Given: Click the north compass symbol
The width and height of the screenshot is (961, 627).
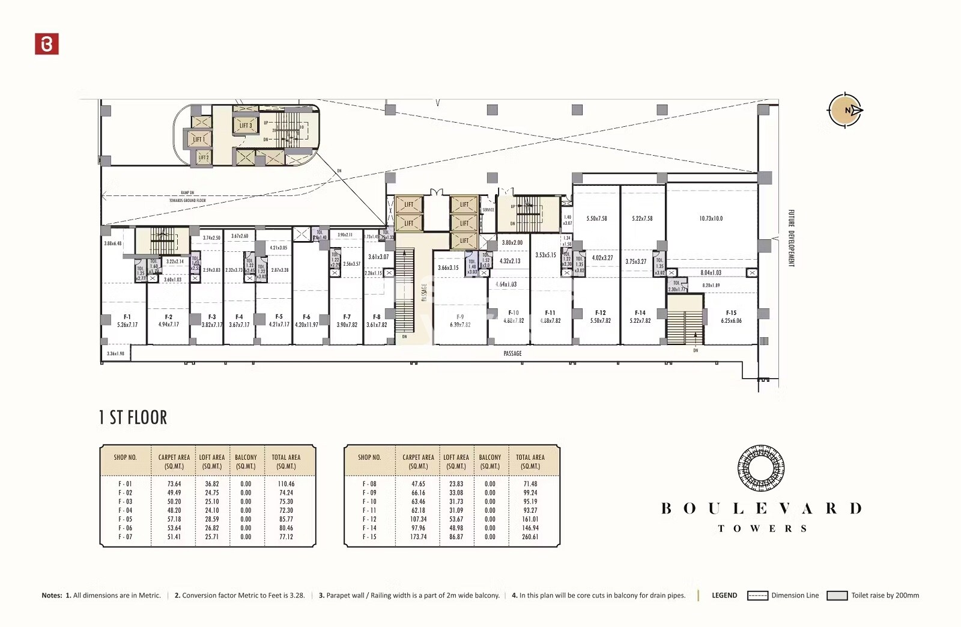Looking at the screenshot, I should [844, 110].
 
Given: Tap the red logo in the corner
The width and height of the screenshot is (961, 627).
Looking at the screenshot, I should [47, 44].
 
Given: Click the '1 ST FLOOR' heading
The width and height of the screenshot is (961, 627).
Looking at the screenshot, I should [133, 417].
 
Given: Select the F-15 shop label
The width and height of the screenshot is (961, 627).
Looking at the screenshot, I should [731, 313].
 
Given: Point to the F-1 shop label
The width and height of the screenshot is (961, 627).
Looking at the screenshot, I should [127, 317].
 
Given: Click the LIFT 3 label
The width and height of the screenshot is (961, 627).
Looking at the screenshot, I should [246, 126].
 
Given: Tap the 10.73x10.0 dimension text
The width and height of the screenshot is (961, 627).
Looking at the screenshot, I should [711, 218].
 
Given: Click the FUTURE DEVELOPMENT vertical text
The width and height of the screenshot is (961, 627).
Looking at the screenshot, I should [791, 238].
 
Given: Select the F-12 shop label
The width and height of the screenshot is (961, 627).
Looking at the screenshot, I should [600, 313].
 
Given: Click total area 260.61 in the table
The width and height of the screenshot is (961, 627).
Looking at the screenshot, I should [530, 537].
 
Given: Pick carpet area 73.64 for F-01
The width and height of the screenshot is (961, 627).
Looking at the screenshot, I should [174, 484].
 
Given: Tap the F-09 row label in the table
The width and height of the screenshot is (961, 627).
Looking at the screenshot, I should [369, 493].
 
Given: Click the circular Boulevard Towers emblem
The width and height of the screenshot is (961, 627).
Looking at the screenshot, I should [761, 468].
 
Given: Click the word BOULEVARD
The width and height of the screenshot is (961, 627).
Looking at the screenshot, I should [761, 509].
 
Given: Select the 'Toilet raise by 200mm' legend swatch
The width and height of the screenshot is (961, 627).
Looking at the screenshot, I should [837, 596].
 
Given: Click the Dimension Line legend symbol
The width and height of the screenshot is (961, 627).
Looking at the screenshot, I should [757, 596].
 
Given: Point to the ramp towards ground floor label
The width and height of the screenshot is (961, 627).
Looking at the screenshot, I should [187, 197].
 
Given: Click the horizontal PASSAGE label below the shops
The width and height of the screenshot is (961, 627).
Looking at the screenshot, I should [512, 353].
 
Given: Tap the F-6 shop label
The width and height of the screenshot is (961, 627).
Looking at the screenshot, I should [306, 317].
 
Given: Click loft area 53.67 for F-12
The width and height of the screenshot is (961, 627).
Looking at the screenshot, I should [456, 519].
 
